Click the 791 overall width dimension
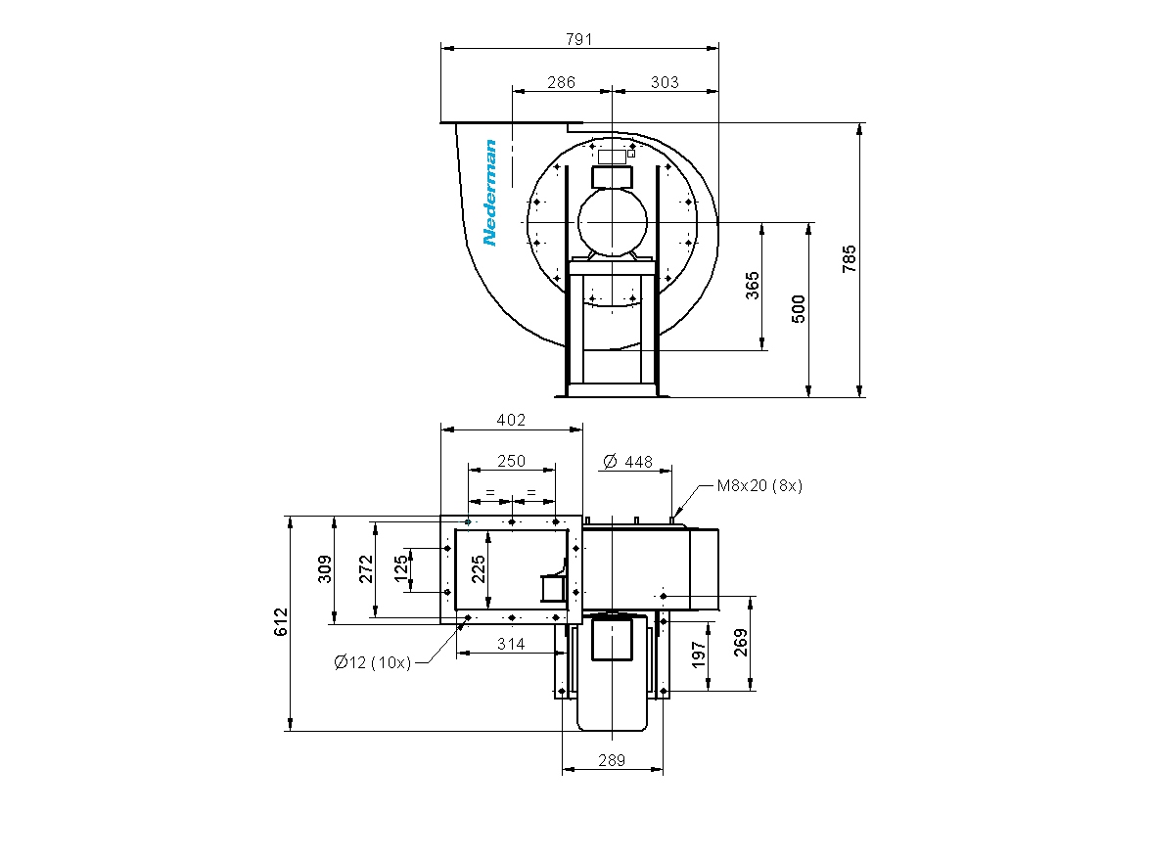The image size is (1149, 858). [x=578, y=39]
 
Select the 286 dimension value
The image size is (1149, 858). [x=562, y=82]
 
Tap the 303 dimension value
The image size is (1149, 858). [x=665, y=82]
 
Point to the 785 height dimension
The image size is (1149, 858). [x=849, y=259]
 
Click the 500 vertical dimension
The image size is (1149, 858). [x=799, y=308]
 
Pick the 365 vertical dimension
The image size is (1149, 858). [x=753, y=286]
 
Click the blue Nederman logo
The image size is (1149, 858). [x=489, y=193]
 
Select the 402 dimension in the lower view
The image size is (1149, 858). [x=511, y=420]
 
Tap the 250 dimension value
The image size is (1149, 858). [x=512, y=461]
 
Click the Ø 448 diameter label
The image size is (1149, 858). [x=628, y=462]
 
